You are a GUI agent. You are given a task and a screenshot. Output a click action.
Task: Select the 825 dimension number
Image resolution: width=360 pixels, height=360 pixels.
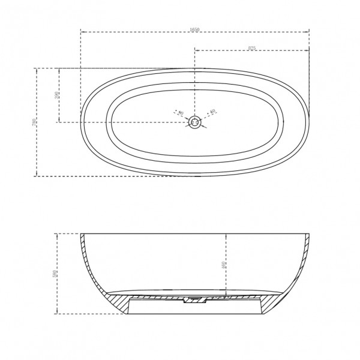click(252, 49)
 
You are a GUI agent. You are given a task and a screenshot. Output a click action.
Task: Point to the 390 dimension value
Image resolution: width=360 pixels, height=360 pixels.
click(56, 95)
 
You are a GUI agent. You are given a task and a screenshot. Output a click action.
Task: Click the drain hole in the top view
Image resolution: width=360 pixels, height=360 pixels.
click(194, 122)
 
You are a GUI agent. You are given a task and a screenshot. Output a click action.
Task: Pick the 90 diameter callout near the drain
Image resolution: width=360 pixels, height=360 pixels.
click(178, 112)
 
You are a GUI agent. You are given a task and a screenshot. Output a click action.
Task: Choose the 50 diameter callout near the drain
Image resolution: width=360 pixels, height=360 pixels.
click(212, 111)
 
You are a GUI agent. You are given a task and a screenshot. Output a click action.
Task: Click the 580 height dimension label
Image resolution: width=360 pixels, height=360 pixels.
click(54, 273)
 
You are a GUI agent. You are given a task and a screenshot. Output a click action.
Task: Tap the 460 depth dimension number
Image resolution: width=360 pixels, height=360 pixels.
click(223, 264)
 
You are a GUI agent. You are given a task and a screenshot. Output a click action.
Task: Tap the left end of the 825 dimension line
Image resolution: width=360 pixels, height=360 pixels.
click(194, 51)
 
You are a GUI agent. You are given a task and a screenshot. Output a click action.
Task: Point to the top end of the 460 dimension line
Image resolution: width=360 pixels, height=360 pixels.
click(226, 233)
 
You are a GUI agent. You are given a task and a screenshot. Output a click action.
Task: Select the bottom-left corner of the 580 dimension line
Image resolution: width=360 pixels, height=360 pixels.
click(57, 313)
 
